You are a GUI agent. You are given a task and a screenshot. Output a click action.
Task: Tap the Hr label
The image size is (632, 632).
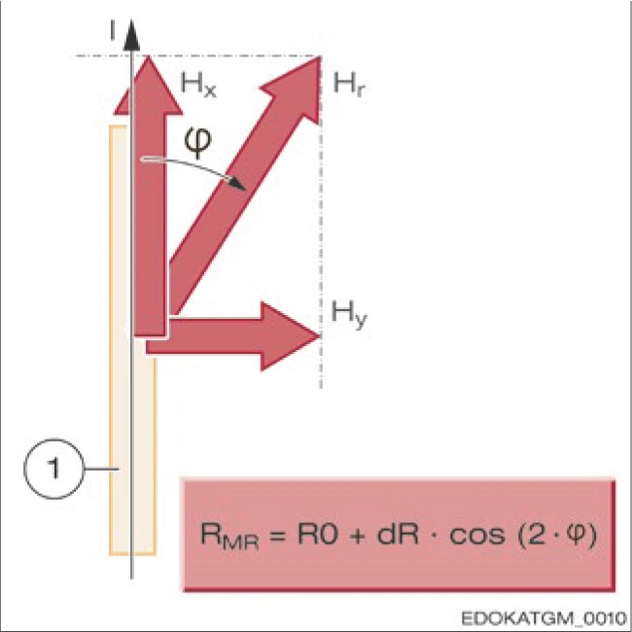coord(347,85)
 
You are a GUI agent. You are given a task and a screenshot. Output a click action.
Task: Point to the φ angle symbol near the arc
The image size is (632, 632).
coord(196,143)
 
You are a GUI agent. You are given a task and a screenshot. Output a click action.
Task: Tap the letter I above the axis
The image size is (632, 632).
coord(115,31)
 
